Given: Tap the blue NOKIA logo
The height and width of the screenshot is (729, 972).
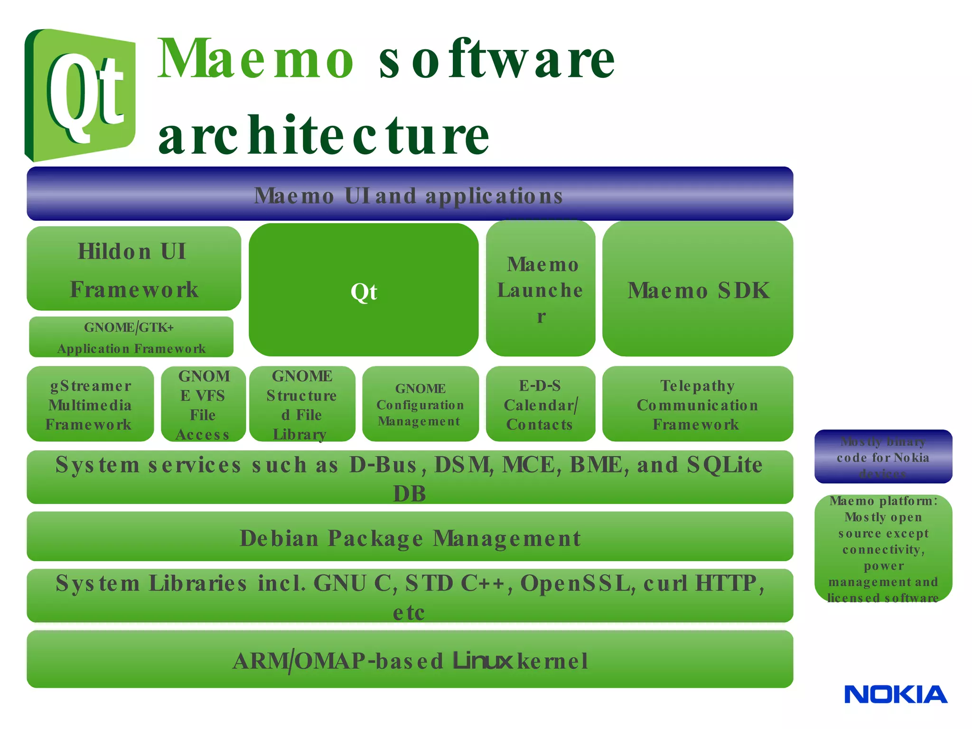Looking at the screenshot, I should pos(896,694).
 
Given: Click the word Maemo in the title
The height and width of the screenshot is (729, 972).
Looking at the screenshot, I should pos(255,59).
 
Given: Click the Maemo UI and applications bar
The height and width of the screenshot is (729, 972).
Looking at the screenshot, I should pos(409,194).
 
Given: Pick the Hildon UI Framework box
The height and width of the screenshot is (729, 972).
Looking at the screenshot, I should pos(134,269).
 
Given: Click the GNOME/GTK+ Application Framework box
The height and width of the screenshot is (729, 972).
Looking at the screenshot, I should pos(131,337).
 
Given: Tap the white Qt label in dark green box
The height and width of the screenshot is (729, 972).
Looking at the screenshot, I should pos(364,291).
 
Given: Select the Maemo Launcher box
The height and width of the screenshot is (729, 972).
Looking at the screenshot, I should pos(541,289).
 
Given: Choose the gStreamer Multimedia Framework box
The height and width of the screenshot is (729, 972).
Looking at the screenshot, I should pos(90,404).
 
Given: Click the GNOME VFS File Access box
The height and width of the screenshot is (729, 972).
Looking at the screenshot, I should pos(203,404).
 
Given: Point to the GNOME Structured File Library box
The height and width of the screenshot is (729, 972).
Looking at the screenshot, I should pos(302,404).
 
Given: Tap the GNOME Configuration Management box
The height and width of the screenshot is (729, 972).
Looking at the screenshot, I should pos(420,404).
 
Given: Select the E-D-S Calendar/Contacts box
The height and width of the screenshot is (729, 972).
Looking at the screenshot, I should pos(541,404).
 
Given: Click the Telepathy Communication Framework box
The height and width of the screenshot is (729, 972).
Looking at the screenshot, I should pos(697,404).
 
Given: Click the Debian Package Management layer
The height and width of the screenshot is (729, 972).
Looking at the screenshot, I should pos(409,537).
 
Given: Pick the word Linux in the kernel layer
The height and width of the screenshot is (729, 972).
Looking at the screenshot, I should pos(483,660).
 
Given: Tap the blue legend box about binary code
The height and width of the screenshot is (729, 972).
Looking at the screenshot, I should pos(883,457).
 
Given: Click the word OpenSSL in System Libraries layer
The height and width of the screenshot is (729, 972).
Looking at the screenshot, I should pos(578,583).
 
